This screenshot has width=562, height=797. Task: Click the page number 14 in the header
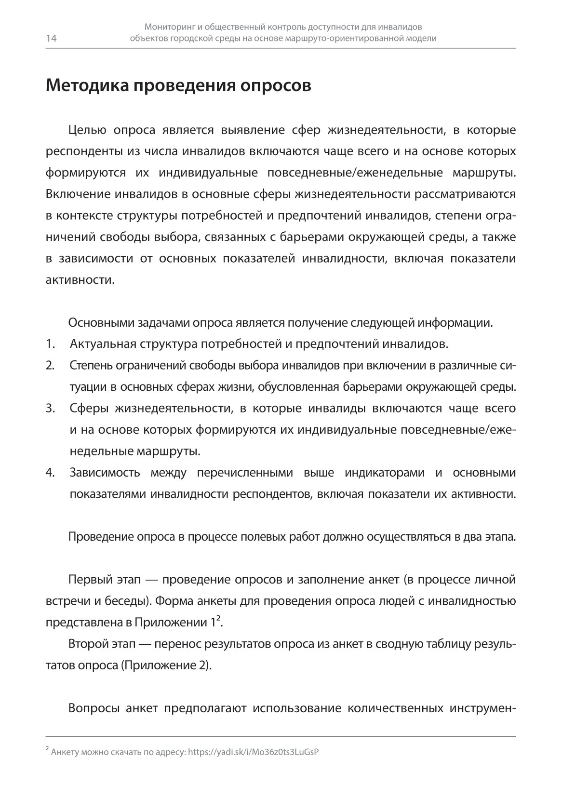[x=51, y=39]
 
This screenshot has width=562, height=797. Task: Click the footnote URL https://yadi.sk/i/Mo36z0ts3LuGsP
[x=254, y=752]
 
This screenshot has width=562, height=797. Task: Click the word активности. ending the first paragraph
[x=80, y=280]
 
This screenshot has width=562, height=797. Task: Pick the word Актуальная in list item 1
[x=102, y=344]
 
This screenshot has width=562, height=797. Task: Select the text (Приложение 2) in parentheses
[x=165, y=665]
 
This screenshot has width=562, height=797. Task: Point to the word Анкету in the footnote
[x=64, y=752]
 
